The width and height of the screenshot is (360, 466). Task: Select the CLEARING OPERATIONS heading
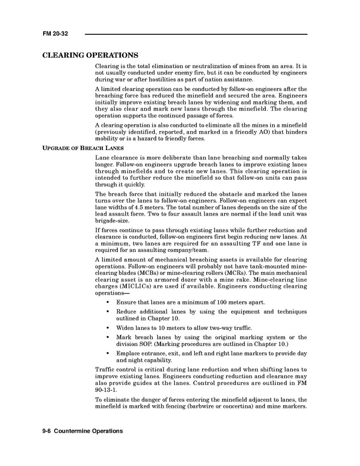(x=90, y=55)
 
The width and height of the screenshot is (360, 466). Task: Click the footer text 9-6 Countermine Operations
(x=83, y=431)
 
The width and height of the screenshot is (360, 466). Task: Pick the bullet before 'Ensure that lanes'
(x=108, y=302)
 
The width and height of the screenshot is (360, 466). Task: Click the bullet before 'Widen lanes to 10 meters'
(x=108, y=328)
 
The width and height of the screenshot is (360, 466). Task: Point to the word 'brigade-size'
(x=112, y=220)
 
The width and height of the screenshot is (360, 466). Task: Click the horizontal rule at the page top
(x=196, y=34)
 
